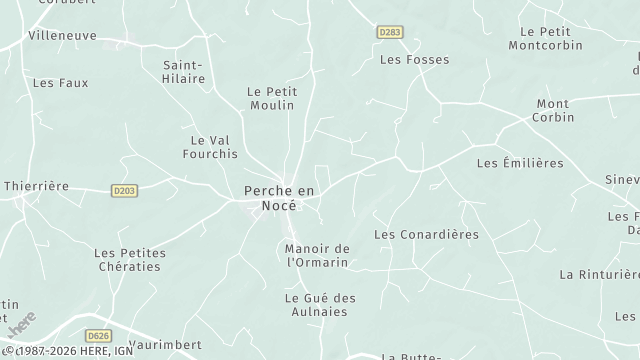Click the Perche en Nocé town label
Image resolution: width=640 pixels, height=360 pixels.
point(280,197)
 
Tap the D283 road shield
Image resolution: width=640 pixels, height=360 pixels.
point(390,33)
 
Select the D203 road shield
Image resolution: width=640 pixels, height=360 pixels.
point(124,190)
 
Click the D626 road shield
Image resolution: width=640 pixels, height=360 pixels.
point(98,336)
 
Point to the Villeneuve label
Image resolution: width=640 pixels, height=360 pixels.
point(62,34)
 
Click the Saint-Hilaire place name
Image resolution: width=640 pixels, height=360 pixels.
point(184,71)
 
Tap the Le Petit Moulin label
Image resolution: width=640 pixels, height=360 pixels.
point(271,97)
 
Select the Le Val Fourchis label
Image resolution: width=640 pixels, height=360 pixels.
point(210,147)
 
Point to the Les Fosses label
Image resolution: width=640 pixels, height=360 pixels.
point(414,60)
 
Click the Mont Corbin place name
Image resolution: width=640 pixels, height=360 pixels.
point(553,110)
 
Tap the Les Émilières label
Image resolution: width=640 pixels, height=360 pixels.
point(520,162)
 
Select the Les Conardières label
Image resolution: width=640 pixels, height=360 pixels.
point(425,234)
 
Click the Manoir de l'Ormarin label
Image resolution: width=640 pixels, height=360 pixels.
point(317,255)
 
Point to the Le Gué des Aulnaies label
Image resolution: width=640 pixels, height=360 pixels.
point(320,305)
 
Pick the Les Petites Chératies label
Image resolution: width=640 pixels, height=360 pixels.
point(129,260)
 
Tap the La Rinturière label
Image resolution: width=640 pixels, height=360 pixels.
point(599,274)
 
